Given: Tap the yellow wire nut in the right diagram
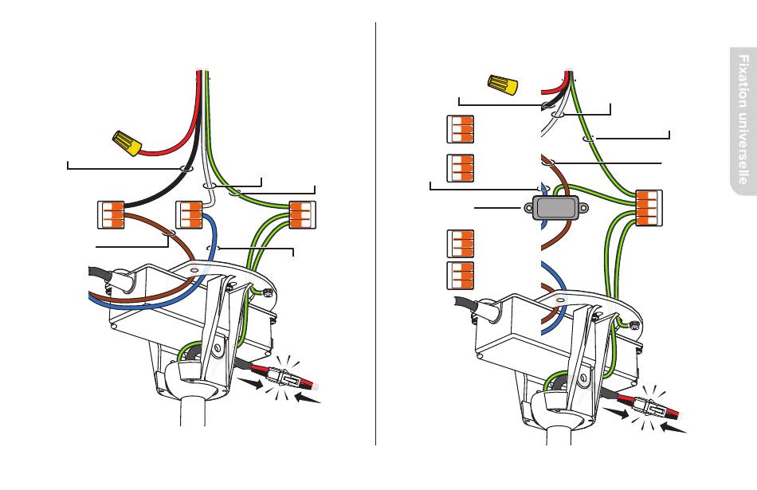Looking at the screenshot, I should pyautogui.click(x=501, y=83).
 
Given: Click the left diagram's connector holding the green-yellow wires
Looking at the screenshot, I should pyautogui.click(x=300, y=214).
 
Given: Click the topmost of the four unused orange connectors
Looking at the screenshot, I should pyautogui.click(x=460, y=129).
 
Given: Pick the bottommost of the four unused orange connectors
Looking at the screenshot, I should pyautogui.click(x=460, y=275).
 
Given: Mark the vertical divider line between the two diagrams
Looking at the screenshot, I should pyautogui.click(x=375, y=239).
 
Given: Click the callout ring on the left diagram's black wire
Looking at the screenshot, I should pyautogui.click(x=185, y=169).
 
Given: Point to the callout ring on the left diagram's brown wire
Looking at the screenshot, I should pyautogui.click(x=169, y=233).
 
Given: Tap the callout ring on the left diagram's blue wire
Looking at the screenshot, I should pyautogui.click(x=213, y=249).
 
